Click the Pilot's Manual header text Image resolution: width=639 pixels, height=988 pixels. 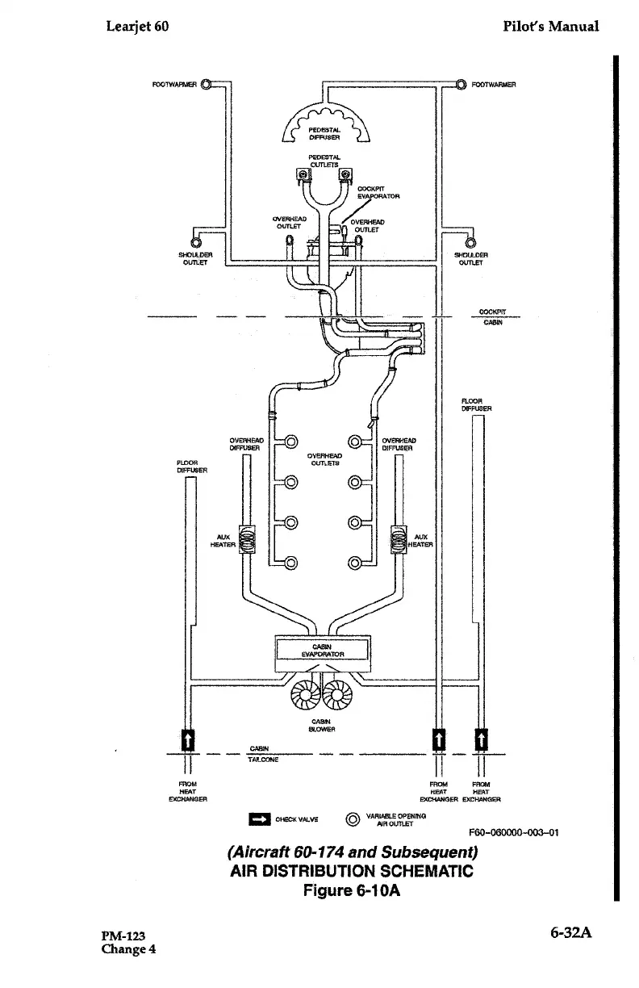(x=550, y=26)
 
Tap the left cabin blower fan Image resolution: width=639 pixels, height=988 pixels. (x=306, y=692)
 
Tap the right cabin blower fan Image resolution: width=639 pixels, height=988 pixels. (x=339, y=692)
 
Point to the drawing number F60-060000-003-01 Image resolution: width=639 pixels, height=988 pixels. (x=514, y=832)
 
